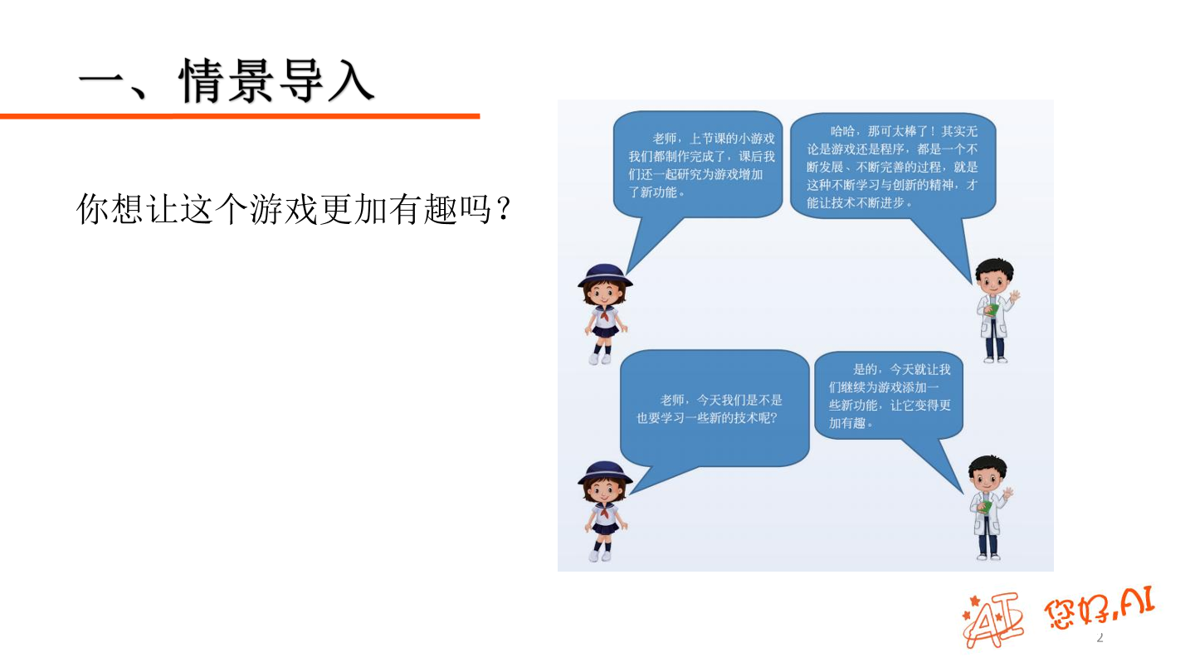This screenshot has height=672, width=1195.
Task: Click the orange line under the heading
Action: (240, 116)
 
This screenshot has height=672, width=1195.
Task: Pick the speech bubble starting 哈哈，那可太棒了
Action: (892, 166)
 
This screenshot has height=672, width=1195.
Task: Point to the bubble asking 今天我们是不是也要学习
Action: (714, 409)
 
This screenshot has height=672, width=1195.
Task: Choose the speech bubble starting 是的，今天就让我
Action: (889, 396)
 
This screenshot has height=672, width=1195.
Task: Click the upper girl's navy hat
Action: (605, 275)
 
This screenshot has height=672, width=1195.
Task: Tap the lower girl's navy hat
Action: (605, 472)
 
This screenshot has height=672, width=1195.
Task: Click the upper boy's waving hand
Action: (1014, 296)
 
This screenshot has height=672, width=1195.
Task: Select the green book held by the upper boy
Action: (989, 309)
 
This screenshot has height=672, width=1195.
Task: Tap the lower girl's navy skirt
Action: (605, 526)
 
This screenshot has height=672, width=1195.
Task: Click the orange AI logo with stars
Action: (993, 618)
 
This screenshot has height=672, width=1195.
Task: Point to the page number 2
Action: (1100, 638)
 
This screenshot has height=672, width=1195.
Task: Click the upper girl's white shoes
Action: (600, 358)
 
